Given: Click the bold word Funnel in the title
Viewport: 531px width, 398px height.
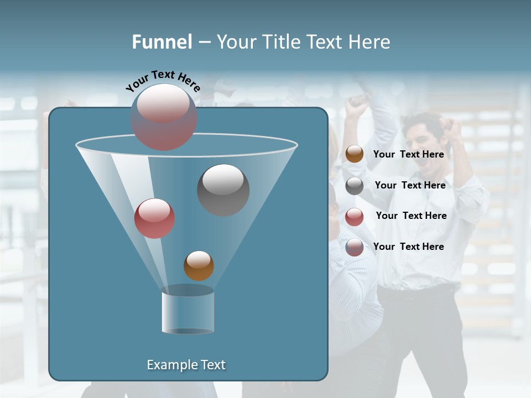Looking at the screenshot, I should [162, 42].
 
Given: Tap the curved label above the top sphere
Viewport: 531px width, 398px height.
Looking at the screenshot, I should [163, 81].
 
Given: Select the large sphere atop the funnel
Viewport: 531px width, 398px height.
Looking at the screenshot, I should [163, 117].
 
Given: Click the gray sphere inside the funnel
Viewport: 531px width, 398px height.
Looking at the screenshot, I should [223, 190].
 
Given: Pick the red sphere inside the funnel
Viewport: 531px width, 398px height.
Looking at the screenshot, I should [154, 218].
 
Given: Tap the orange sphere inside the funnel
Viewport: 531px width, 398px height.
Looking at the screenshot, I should [199, 265].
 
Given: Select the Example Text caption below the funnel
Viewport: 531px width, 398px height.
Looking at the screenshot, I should [186, 365].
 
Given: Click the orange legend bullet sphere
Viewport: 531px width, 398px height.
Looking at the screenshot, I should [355, 154].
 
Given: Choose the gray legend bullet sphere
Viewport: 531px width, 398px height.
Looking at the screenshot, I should [355, 186].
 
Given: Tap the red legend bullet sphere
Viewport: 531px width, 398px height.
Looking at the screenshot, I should [355, 217].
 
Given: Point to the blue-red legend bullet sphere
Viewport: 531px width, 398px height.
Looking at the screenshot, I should [355, 247].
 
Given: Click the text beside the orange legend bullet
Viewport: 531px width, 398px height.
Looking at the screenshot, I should [408, 154].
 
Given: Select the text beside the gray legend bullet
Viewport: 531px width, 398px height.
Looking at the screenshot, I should [410, 185].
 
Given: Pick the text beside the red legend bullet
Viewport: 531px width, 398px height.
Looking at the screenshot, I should [411, 216].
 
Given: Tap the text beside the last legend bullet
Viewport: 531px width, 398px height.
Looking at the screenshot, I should [408, 247].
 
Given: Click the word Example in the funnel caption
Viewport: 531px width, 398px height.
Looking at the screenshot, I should [169, 365].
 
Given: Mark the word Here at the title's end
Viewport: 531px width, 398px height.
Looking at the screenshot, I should [369, 42].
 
